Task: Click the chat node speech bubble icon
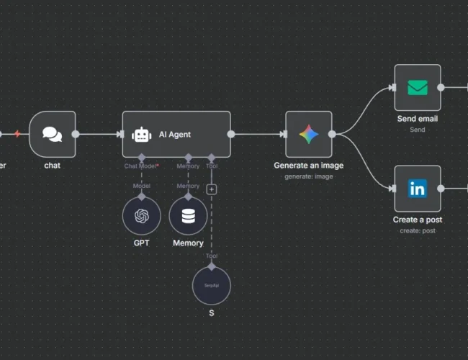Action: [x=52, y=134]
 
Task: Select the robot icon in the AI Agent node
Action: [x=142, y=135]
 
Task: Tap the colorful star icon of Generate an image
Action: [x=309, y=134]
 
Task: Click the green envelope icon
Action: [x=417, y=88]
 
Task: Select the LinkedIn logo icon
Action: [x=417, y=189]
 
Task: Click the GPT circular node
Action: [x=141, y=216]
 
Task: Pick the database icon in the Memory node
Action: [x=188, y=216]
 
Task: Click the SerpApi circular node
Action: [x=211, y=286]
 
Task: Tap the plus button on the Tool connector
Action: [x=212, y=189]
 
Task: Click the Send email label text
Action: [x=418, y=118]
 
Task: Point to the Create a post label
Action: [x=418, y=220]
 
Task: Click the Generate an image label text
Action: [x=309, y=166]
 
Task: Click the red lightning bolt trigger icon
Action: [x=17, y=134]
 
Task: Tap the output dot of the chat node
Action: [x=76, y=134]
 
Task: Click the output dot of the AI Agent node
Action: [x=231, y=134]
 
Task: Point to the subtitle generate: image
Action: [x=309, y=176]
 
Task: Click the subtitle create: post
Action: [x=418, y=230]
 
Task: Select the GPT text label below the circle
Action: [x=141, y=243]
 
